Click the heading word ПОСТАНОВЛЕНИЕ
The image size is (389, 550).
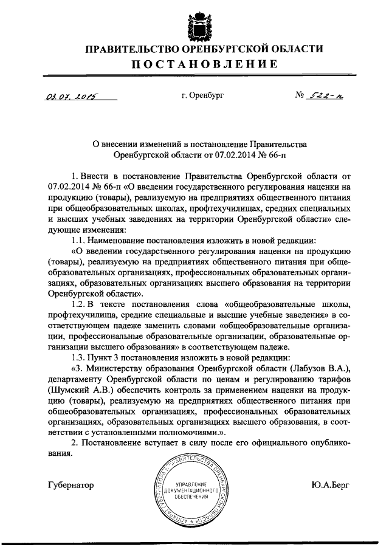point(194,65)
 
